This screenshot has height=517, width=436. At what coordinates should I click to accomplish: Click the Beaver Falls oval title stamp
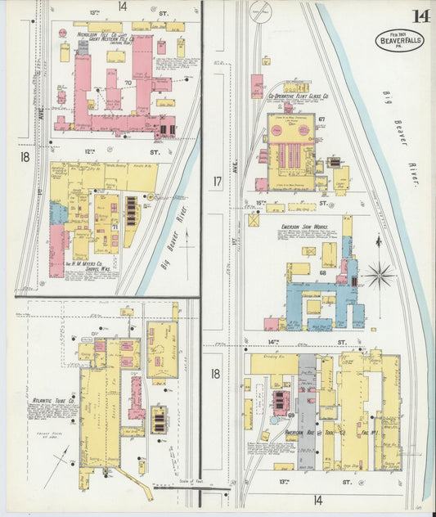(x=400, y=40)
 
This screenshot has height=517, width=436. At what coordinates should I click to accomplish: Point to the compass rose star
(x=379, y=275)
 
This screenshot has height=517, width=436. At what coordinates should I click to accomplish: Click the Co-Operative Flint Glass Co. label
(x=299, y=96)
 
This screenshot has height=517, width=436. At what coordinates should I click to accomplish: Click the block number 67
(x=322, y=119)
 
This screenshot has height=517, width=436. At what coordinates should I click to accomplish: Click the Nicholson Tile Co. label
(x=76, y=35)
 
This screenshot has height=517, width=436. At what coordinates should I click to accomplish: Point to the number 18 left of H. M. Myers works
(x=25, y=155)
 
